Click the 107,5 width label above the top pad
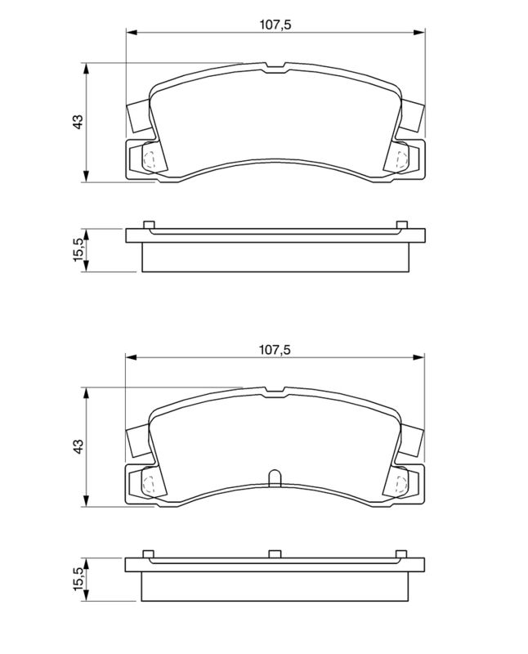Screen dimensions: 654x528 (x=275, y=24)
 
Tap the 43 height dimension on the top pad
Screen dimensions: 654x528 (x=78, y=122)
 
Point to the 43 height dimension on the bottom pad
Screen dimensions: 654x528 (x=78, y=446)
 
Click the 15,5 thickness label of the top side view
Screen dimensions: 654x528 (x=78, y=249)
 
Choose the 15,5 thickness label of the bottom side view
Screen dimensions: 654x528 (x=78, y=577)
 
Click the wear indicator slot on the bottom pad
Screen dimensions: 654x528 (x=275, y=477)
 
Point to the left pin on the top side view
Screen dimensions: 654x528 (x=148, y=226)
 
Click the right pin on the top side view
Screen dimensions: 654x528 (x=401, y=226)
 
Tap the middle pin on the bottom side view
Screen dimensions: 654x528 (x=275, y=553)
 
